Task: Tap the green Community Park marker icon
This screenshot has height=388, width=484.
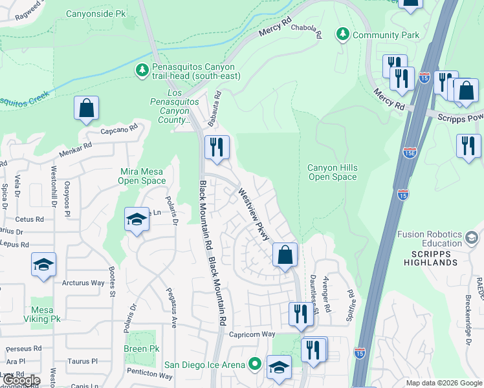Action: coord(342,34)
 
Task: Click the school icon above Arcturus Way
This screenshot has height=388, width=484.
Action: coord(43,265)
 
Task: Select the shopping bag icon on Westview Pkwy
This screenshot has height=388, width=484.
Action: coord(285,255)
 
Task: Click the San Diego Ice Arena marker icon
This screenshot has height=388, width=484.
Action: coord(255,365)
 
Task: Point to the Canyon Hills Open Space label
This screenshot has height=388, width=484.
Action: coord(332,173)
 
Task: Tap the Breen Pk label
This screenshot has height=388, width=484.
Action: coord(141,349)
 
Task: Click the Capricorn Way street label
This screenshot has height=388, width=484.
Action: coord(253,334)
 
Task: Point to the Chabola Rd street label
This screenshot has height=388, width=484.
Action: coord(307,32)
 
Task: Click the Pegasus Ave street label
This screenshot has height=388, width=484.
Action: coord(171,307)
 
